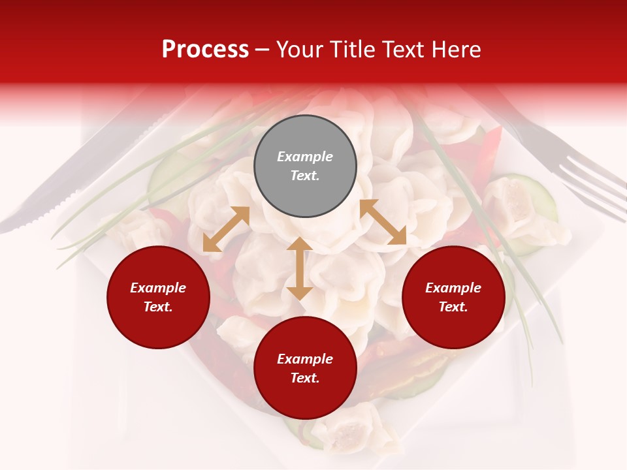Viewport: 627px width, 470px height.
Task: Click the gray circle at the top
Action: (x=305, y=166)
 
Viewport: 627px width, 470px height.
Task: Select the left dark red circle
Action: (x=158, y=297)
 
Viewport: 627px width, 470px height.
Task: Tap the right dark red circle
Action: (x=453, y=297)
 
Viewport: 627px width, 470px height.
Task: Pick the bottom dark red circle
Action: (x=305, y=368)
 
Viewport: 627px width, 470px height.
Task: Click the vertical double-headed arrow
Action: (x=299, y=268)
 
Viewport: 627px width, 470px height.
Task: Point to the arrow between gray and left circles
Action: (x=226, y=229)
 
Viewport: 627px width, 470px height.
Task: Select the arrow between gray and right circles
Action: (x=383, y=222)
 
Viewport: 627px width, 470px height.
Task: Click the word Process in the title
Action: (x=205, y=50)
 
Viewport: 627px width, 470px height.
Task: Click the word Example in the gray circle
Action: (x=305, y=157)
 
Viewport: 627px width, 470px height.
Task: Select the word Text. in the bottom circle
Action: (x=305, y=378)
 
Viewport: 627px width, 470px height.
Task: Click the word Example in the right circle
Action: (x=453, y=288)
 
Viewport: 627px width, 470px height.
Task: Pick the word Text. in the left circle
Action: (x=158, y=307)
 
